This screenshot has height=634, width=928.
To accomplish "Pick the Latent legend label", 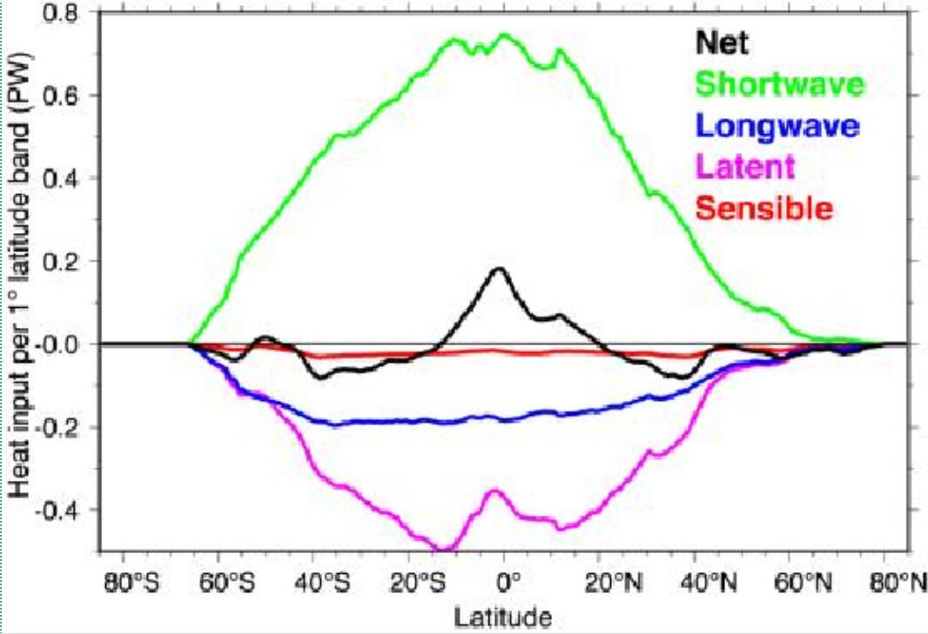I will click(x=746, y=167).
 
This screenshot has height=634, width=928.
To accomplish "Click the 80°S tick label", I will click(x=131, y=582).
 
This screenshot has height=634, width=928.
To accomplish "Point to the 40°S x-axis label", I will click(x=321, y=582).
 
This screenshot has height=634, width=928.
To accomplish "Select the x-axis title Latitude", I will click(x=502, y=617).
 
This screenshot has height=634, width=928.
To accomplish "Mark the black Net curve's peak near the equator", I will click(x=500, y=269).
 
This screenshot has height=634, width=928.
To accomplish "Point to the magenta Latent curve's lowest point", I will click(x=444, y=549).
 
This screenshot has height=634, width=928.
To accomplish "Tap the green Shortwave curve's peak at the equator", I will click(x=503, y=35).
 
